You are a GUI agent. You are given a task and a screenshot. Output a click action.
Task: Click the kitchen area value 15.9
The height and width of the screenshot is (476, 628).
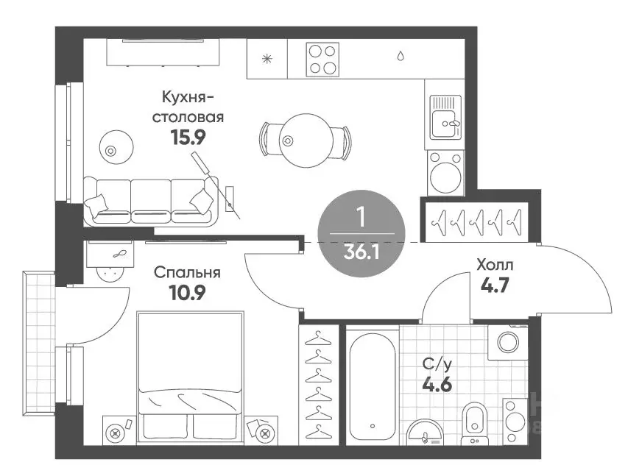188,138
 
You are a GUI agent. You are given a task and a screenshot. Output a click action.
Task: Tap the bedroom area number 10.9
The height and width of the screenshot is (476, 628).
188,293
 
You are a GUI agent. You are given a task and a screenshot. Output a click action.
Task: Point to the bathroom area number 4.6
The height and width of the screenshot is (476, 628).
437,384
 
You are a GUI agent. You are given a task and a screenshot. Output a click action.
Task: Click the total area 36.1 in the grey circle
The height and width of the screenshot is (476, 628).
361,252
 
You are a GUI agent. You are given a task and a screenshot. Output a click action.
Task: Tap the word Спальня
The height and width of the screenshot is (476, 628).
187,273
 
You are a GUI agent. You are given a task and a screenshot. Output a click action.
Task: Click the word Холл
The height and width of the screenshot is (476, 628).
495,265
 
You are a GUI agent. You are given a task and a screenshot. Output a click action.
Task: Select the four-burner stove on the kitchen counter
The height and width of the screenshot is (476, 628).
322,60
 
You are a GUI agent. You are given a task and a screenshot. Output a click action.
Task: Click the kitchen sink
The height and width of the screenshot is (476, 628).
445,117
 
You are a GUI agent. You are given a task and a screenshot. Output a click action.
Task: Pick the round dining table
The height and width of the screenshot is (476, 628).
306,141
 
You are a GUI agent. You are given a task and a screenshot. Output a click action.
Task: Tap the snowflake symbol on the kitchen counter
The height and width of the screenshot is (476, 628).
267,60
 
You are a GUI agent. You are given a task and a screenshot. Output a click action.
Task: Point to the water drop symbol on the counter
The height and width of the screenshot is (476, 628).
401,56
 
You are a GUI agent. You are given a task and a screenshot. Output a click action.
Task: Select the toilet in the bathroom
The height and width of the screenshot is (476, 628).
475,423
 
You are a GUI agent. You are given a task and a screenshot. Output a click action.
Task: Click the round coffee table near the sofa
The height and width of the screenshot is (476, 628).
116,147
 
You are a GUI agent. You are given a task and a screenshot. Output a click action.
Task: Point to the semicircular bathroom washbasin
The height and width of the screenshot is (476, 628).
425,433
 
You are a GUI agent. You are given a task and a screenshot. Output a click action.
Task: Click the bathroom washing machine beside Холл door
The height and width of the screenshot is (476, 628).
508,342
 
